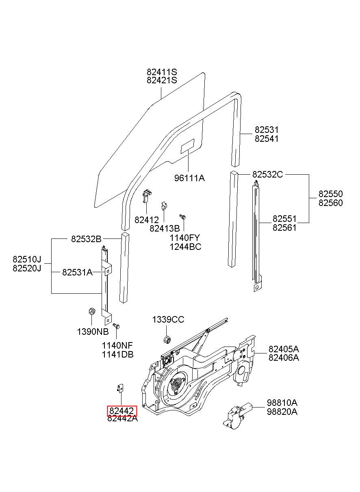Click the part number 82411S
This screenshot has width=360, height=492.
[x=162, y=72]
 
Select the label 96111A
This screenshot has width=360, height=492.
[x=189, y=178]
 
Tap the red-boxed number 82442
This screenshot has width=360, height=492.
[x=121, y=411]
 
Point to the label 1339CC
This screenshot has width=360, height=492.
[x=168, y=320]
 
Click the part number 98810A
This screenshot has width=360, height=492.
[x=282, y=403]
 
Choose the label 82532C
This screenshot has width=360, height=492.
[x=267, y=174]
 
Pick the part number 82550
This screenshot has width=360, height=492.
[x=331, y=194]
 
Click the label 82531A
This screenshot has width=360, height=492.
[x=77, y=273]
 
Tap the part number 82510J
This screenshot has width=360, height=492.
[x=27, y=259]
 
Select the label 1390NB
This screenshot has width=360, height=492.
[x=93, y=332]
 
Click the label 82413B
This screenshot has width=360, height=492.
[x=165, y=229]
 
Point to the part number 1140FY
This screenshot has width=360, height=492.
[x=185, y=238]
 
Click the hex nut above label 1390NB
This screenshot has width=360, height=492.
[x=91, y=311]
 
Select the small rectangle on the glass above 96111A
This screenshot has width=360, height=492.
[x=187, y=146]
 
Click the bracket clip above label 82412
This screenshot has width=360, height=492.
[x=147, y=196]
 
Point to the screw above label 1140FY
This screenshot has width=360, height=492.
[x=183, y=217]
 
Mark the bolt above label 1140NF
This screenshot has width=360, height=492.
[x=116, y=326]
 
